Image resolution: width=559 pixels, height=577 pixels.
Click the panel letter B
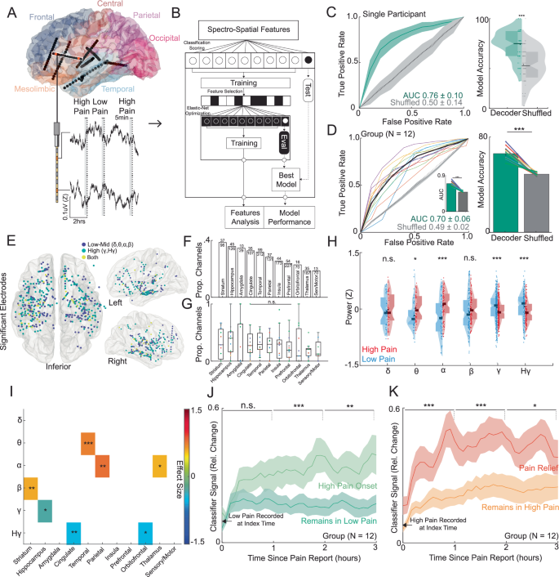[x=175, y=11]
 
